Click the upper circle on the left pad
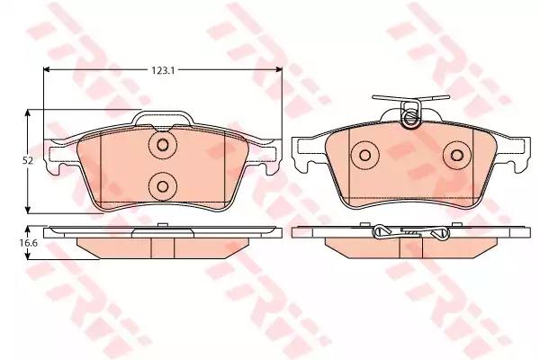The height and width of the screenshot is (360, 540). tap(163, 146)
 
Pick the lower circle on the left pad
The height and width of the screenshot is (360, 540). tap(163, 185)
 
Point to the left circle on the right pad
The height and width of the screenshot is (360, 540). tap(366, 155)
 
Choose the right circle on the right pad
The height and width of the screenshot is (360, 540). tap(456, 155)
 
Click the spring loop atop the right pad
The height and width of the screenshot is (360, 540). tap(410, 114)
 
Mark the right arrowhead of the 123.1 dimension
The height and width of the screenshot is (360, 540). tap(278, 73)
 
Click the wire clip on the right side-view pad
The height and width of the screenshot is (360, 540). tap(410, 234)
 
